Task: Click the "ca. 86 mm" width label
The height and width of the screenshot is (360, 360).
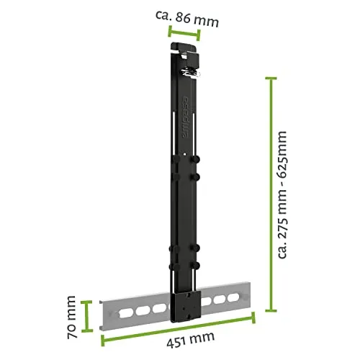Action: pos(187,19)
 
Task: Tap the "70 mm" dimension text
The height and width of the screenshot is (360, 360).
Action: pos(72,317)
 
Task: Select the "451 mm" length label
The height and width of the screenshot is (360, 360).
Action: pos(190,339)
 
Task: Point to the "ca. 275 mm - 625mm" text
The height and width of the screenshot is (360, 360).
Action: pos(282,194)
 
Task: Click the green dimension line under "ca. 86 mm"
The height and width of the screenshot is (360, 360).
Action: pos(184,33)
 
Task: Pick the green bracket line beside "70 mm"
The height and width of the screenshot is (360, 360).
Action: pos(86,316)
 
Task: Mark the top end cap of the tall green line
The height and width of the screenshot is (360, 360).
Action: pos(271,78)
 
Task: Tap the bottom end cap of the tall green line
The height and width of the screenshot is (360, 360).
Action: pos(271,310)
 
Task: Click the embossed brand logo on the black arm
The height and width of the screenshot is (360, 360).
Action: pos(185,117)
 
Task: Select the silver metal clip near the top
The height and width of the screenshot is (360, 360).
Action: pos(191,72)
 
